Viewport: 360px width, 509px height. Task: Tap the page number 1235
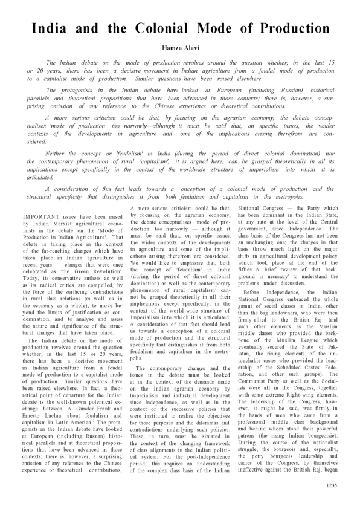[330, 485]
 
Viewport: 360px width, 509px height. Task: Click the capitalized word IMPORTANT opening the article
[40, 215]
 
